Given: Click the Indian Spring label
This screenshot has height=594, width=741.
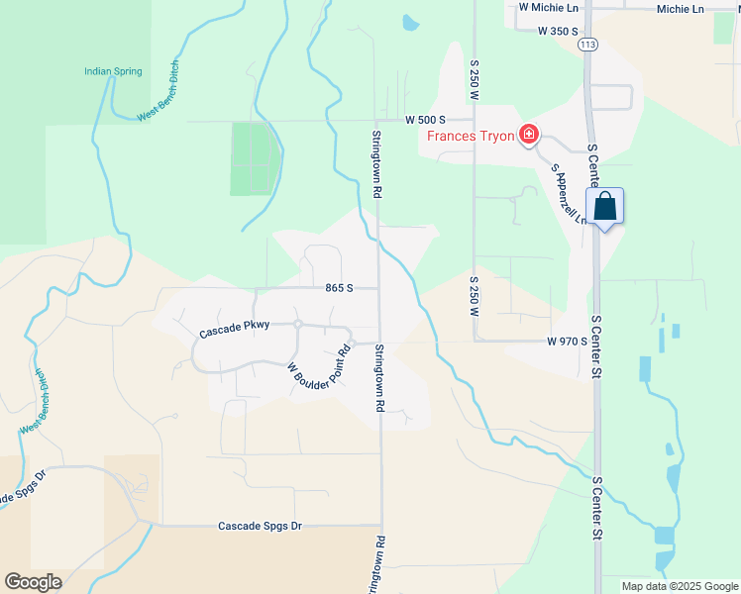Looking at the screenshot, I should [113, 71].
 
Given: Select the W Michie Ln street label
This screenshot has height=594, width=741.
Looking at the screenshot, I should [549, 7].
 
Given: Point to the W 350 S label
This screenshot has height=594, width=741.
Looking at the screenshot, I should [558, 31].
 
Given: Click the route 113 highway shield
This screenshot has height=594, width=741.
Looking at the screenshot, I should [588, 45].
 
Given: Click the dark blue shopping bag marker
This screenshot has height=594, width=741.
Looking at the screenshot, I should [605, 208].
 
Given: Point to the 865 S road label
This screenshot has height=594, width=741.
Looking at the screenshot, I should [339, 288].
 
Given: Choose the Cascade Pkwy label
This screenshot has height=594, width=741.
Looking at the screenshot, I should [234, 332].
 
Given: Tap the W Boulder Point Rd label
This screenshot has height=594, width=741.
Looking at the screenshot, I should [319, 367].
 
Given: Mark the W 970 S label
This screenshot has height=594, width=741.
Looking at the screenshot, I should [567, 341].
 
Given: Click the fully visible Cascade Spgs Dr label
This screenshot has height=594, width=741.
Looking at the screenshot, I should [260, 526].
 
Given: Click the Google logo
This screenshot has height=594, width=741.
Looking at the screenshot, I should [33, 582].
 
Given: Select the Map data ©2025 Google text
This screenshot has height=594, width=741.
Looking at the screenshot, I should [679, 586].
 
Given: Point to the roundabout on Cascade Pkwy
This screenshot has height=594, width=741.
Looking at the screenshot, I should [296, 324].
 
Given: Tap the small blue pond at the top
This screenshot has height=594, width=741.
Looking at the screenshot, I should [409, 22].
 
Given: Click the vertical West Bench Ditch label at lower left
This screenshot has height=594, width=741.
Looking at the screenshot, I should [37, 401].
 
